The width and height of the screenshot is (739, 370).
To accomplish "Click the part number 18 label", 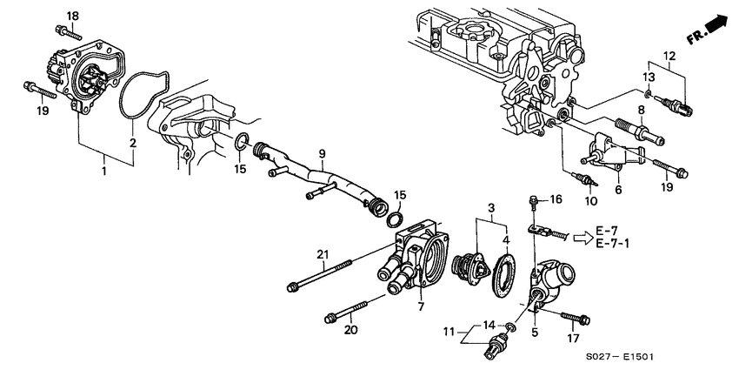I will [x=72, y=17].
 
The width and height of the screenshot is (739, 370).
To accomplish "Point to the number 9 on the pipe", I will [x=322, y=157].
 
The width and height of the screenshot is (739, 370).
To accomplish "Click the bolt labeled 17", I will [x=580, y=320].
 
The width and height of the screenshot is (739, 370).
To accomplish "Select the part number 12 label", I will [x=670, y=57].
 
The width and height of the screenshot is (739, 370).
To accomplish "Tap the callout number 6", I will [x=617, y=188].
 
